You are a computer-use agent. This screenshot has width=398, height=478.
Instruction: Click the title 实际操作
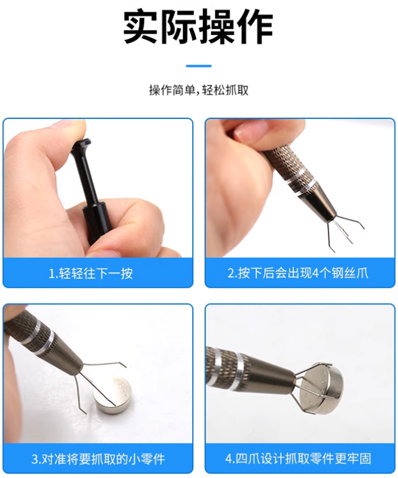[x=198, y=27]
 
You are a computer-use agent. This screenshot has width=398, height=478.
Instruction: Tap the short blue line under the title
[x=198, y=66]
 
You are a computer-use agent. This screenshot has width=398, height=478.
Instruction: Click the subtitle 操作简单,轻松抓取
[x=198, y=90]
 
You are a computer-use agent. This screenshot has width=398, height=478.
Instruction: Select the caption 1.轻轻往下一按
[x=91, y=273]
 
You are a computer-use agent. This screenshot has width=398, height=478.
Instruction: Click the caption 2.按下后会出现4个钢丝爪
[x=298, y=273]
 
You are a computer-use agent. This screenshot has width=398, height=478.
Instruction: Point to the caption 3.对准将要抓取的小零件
[x=98, y=459]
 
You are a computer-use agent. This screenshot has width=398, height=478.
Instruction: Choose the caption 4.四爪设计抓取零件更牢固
[x=298, y=458]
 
